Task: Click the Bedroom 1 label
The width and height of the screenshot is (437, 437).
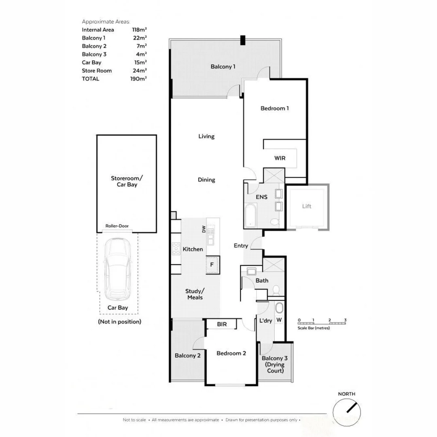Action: [x=274, y=108]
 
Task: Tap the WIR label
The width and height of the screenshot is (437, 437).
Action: [x=280, y=158]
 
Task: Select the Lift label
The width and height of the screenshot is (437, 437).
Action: [x=307, y=206]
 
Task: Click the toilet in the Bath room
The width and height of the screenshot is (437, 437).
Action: [x=276, y=290]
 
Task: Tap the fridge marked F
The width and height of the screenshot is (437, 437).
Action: [x=212, y=265]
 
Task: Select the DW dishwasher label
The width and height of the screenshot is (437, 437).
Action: [x=204, y=230]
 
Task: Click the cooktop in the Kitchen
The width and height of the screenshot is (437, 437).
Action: [x=176, y=248]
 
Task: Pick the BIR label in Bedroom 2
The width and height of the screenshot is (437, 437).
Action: [x=222, y=325]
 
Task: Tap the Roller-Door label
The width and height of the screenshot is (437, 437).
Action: [x=117, y=226]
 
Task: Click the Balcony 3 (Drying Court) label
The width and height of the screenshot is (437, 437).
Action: [x=275, y=364]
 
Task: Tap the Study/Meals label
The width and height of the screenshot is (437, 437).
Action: [x=195, y=294]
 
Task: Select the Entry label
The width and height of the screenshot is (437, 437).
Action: [x=241, y=246]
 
